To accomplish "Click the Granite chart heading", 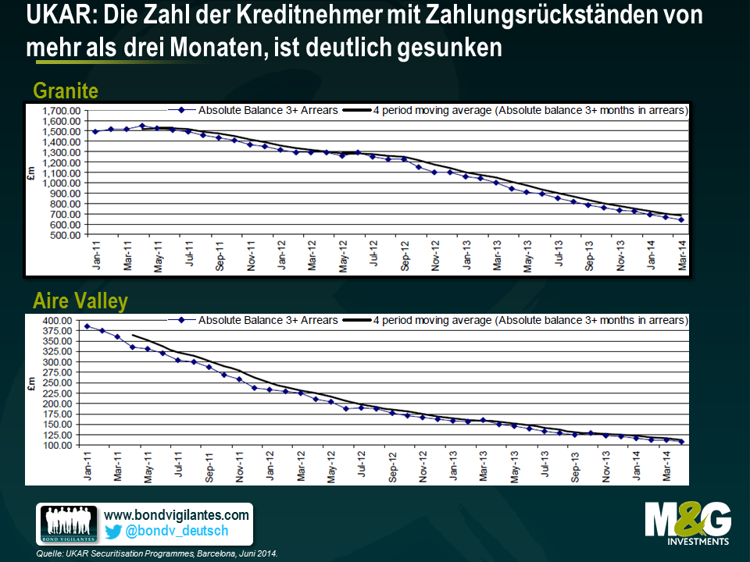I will coord(66,91).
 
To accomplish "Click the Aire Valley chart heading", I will coord(80,301).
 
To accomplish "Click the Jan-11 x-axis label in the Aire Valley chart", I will coord(87,464).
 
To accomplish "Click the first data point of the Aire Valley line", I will coord(87,326).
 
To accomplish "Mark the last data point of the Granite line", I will coord(681,220).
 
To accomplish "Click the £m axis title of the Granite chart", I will coord(31,173).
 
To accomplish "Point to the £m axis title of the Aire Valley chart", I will coord(31,382).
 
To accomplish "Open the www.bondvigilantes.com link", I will coord(177,514).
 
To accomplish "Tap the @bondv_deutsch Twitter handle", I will coord(177,532).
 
